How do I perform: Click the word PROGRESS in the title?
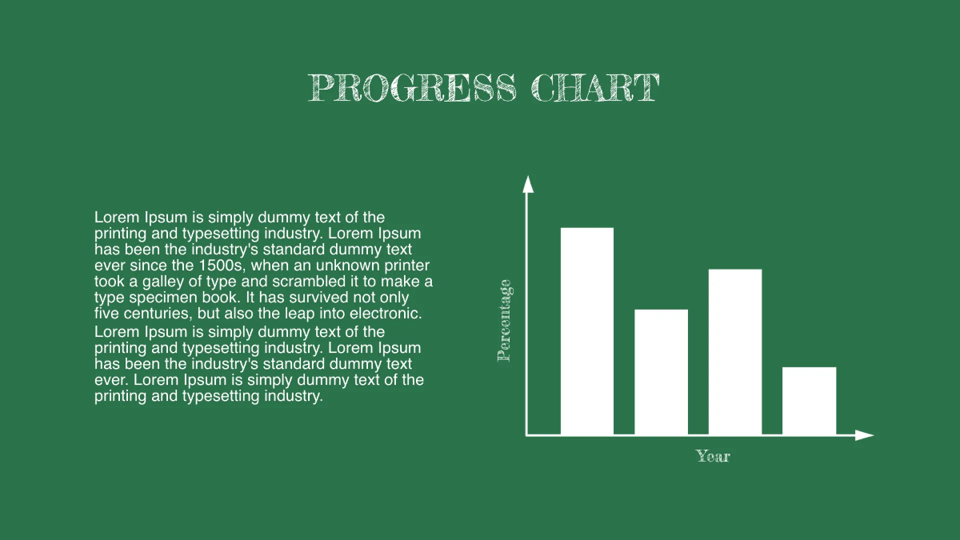pos(412,87)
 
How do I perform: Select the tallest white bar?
pos(586,331)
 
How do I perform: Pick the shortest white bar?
pos(809,401)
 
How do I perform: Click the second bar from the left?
pos(661,372)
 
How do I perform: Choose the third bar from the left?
pos(735,352)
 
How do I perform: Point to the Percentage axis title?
pos(505,320)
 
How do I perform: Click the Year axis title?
pos(713,456)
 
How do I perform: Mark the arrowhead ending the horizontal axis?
pos(864,435)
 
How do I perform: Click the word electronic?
pos(387,314)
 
